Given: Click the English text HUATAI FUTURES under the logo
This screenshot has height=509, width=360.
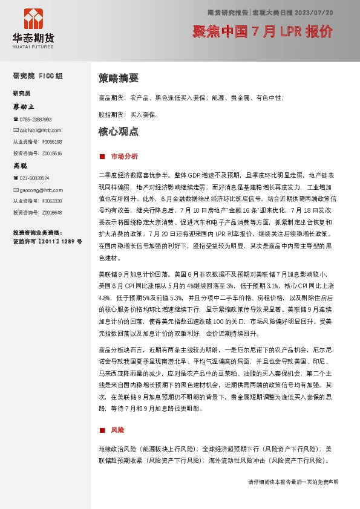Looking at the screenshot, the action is tap(33, 45).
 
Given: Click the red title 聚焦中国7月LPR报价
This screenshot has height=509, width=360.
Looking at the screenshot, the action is tap(263, 32).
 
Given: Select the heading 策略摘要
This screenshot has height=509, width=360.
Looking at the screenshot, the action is tap(118, 78).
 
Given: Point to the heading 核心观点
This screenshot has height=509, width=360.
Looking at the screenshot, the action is tap(118, 131).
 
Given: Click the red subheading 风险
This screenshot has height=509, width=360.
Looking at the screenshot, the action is tap(117, 430).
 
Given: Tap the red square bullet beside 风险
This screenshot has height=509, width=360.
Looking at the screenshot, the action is tap(102, 430).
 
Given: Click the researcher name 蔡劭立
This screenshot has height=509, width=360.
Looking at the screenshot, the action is tap(24, 106).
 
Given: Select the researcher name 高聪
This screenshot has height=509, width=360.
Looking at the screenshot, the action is tap(21, 165).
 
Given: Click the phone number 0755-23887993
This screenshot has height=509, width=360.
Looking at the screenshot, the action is tap(36, 120).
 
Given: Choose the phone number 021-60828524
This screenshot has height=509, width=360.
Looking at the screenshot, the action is tap(34, 178).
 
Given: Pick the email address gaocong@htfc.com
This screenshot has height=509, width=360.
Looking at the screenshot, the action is tap(38, 189).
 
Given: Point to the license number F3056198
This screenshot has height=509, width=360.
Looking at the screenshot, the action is tap(51, 141).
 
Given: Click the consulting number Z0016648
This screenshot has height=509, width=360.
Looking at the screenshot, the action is tap(51, 212).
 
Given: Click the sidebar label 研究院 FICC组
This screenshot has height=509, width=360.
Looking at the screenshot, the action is tap(38, 76).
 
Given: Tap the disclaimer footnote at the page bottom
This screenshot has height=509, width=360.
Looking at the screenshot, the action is tap(293, 482).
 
